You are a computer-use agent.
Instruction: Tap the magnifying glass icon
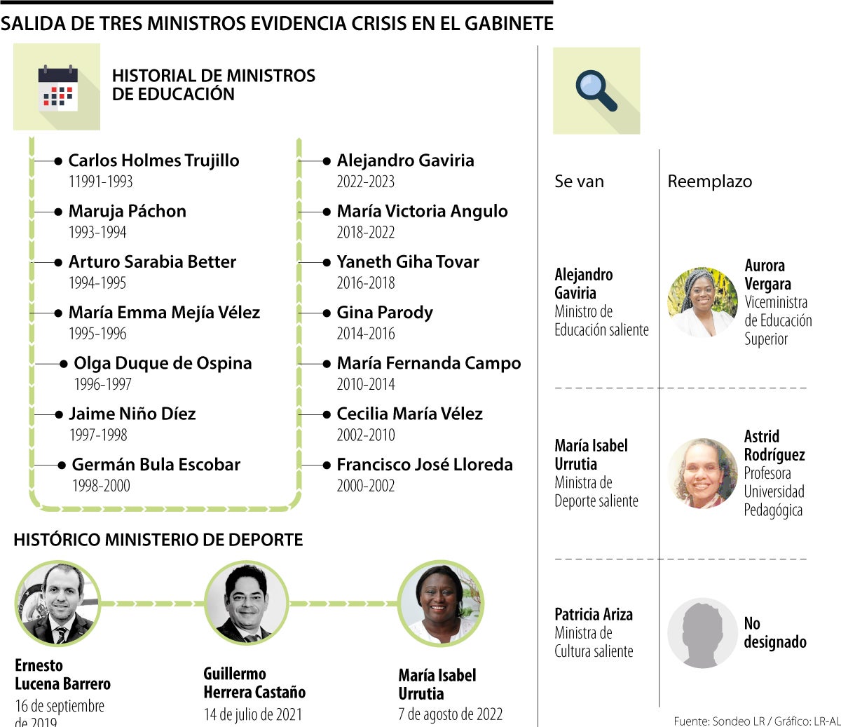(x=596, y=90)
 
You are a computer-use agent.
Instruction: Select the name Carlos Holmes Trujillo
(x=153, y=161)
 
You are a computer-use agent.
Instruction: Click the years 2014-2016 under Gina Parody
(x=365, y=334)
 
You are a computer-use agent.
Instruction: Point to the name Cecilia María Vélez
(x=409, y=414)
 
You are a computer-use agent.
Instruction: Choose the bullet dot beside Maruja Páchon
(x=58, y=212)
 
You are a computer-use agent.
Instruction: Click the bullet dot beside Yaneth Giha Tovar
(x=327, y=262)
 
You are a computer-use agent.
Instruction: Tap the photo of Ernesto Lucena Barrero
(x=57, y=604)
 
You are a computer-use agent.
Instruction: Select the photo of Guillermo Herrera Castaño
(x=246, y=604)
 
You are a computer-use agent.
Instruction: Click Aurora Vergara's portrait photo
(x=702, y=302)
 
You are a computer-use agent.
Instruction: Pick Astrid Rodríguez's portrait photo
(x=702, y=473)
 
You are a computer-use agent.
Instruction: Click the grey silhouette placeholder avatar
(x=702, y=633)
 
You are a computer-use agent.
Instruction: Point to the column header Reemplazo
(x=709, y=182)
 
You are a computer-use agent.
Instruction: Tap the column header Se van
(x=579, y=182)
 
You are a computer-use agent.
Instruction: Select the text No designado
(x=774, y=632)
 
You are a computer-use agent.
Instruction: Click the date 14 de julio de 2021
(x=252, y=714)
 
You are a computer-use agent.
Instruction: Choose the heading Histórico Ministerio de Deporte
(x=158, y=540)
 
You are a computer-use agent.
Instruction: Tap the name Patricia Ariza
(x=593, y=615)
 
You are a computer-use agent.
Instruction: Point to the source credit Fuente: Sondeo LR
(x=719, y=721)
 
